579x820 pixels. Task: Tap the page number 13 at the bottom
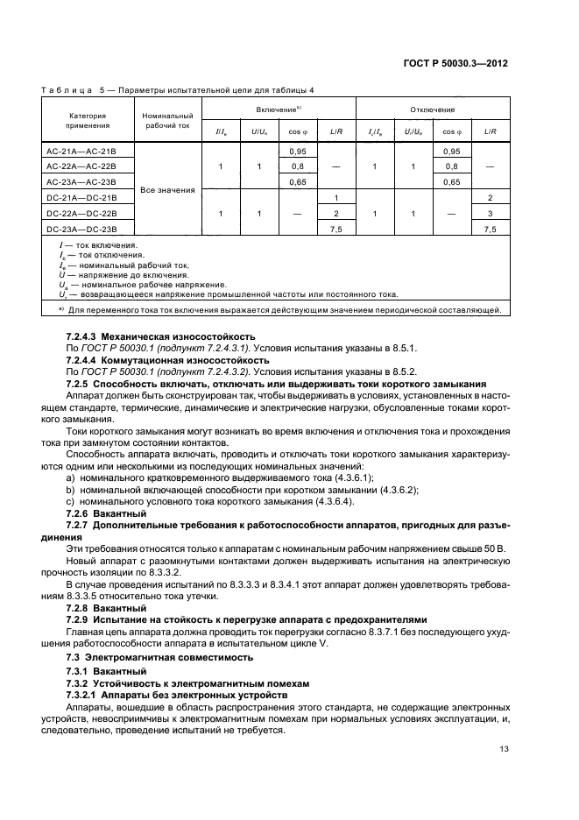[x=502, y=748]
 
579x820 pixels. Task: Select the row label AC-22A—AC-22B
[x=81, y=166]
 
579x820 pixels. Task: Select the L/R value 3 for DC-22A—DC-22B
[x=491, y=213]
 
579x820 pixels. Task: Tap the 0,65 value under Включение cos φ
[x=296, y=181]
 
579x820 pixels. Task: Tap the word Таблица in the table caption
[x=67, y=90]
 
